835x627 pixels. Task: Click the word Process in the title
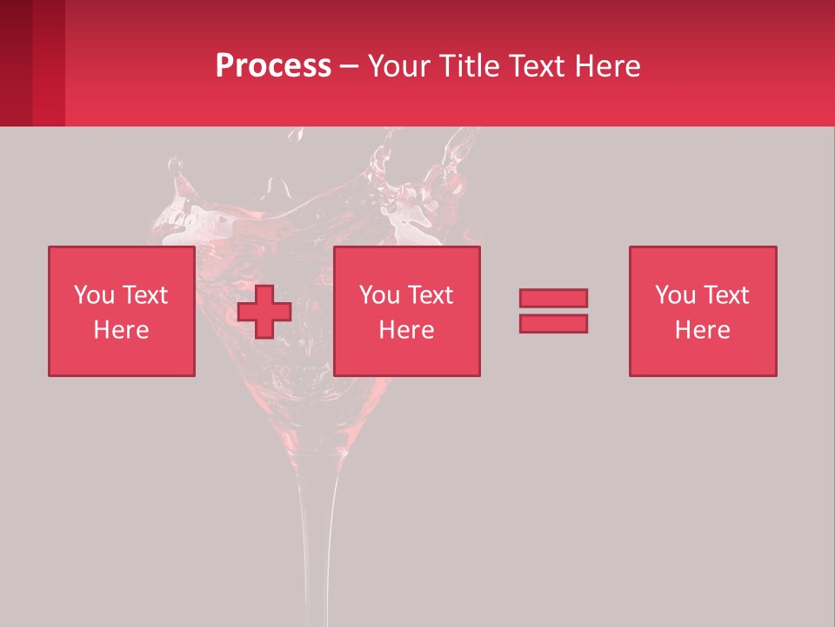click(273, 66)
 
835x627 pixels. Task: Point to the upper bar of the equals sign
click(553, 298)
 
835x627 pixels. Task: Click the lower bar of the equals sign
click(553, 324)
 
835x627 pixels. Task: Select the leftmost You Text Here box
click(122, 311)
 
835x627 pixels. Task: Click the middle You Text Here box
click(407, 311)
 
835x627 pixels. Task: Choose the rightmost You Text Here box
click(703, 311)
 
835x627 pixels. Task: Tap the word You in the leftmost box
click(94, 295)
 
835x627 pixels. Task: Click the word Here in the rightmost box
click(703, 330)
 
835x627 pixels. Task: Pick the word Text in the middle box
click(431, 295)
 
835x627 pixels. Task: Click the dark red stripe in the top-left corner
click(16, 63)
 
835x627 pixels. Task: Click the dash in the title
click(349, 67)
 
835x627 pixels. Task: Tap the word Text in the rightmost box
click(726, 295)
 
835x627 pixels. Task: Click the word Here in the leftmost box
click(122, 330)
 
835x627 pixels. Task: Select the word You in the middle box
click(379, 295)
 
